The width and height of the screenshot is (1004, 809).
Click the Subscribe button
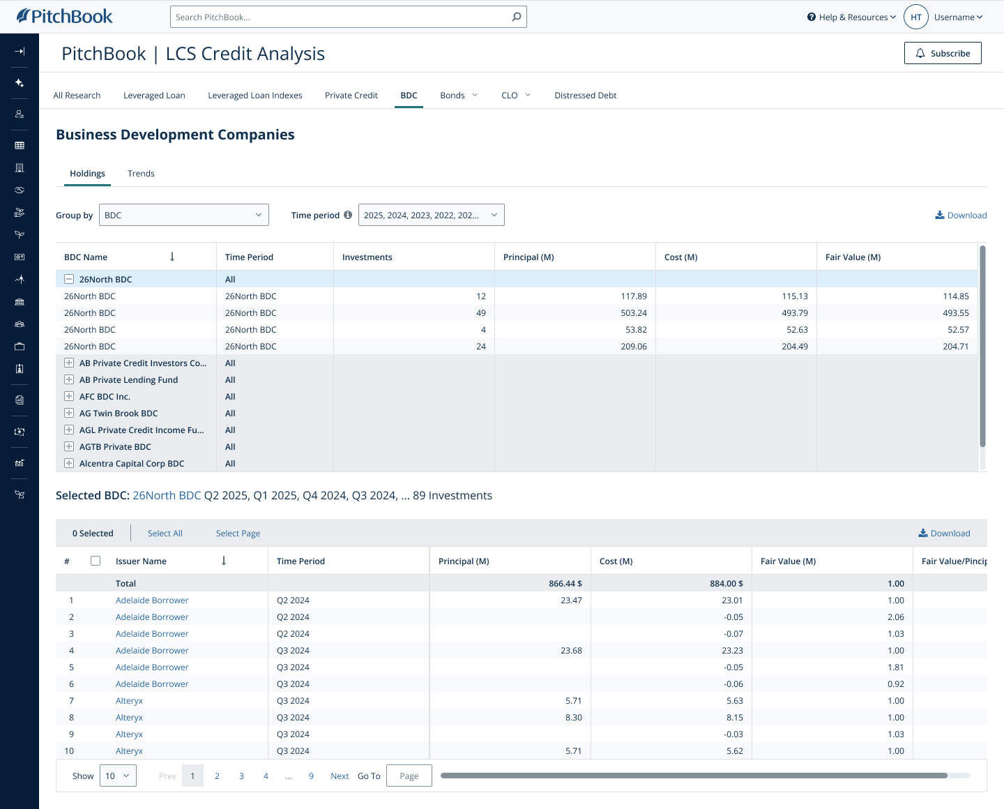click(x=943, y=53)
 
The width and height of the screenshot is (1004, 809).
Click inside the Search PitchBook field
click(x=342, y=17)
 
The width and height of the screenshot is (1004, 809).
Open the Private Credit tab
click(x=351, y=96)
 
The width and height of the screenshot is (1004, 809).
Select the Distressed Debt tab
click(x=585, y=96)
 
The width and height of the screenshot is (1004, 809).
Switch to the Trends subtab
click(x=141, y=174)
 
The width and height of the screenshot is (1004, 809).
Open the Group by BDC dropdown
click(x=184, y=215)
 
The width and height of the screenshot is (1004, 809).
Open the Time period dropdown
click(x=431, y=215)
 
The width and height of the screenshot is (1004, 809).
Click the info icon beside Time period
click(x=348, y=215)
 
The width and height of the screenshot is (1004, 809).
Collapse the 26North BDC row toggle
click(x=69, y=279)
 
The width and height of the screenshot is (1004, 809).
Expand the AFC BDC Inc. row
click(x=69, y=396)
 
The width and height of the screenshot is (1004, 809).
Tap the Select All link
click(x=165, y=534)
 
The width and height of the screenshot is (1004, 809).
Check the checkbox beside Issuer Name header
click(x=96, y=561)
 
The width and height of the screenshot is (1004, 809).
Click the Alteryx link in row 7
click(x=129, y=701)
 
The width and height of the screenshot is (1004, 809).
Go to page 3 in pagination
click(x=241, y=776)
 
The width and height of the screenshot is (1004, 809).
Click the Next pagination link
click(x=340, y=776)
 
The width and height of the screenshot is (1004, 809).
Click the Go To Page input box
click(x=409, y=776)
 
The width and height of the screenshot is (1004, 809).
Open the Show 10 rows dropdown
click(x=117, y=776)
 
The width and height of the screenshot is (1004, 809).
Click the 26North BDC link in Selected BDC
click(x=167, y=496)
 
